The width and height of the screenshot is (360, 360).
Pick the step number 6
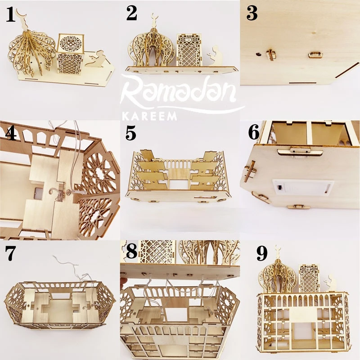click(x=253, y=134)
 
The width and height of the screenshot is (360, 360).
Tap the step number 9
click(x=261, y=254)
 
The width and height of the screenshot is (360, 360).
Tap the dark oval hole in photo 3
click(x=258, y=53)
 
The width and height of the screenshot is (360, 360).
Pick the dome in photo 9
click(x=277, y=274)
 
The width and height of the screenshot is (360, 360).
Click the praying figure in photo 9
click(x=330, y=282)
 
